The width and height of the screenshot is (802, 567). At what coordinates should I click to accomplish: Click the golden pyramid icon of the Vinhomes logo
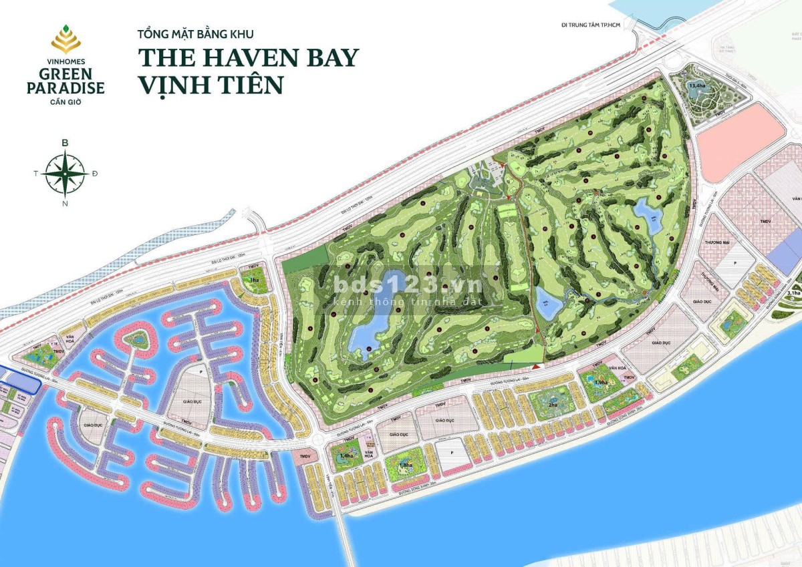(x=65, y=40)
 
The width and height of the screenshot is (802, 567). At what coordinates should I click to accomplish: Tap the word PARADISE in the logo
(x=65, y=87)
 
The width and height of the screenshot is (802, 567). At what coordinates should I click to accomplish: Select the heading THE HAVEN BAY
(x=248, y=57)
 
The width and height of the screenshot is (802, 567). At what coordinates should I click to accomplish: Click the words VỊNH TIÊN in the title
(x=211, y=85)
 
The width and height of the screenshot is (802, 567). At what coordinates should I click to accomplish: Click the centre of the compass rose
(x=65, y=173)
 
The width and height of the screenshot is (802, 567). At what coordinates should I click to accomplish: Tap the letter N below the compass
(x=65, y=204)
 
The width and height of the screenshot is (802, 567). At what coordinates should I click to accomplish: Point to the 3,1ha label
(x=793, y=293)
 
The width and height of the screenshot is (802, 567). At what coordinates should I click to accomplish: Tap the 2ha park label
(x=552, y=405)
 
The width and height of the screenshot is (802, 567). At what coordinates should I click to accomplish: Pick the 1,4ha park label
(x=346, y=455)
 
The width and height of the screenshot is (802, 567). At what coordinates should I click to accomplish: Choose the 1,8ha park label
(x=404, y=465)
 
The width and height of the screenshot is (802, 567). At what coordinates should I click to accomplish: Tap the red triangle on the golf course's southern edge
(x=537, y=367)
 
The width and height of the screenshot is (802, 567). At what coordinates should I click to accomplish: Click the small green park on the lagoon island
(x=139, y=341)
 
